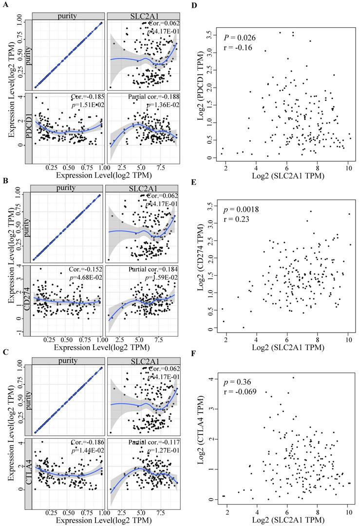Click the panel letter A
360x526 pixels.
pyautogui.click(x=4, y=4)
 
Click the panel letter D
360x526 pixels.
pyautogui.click(x=194, y=4)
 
